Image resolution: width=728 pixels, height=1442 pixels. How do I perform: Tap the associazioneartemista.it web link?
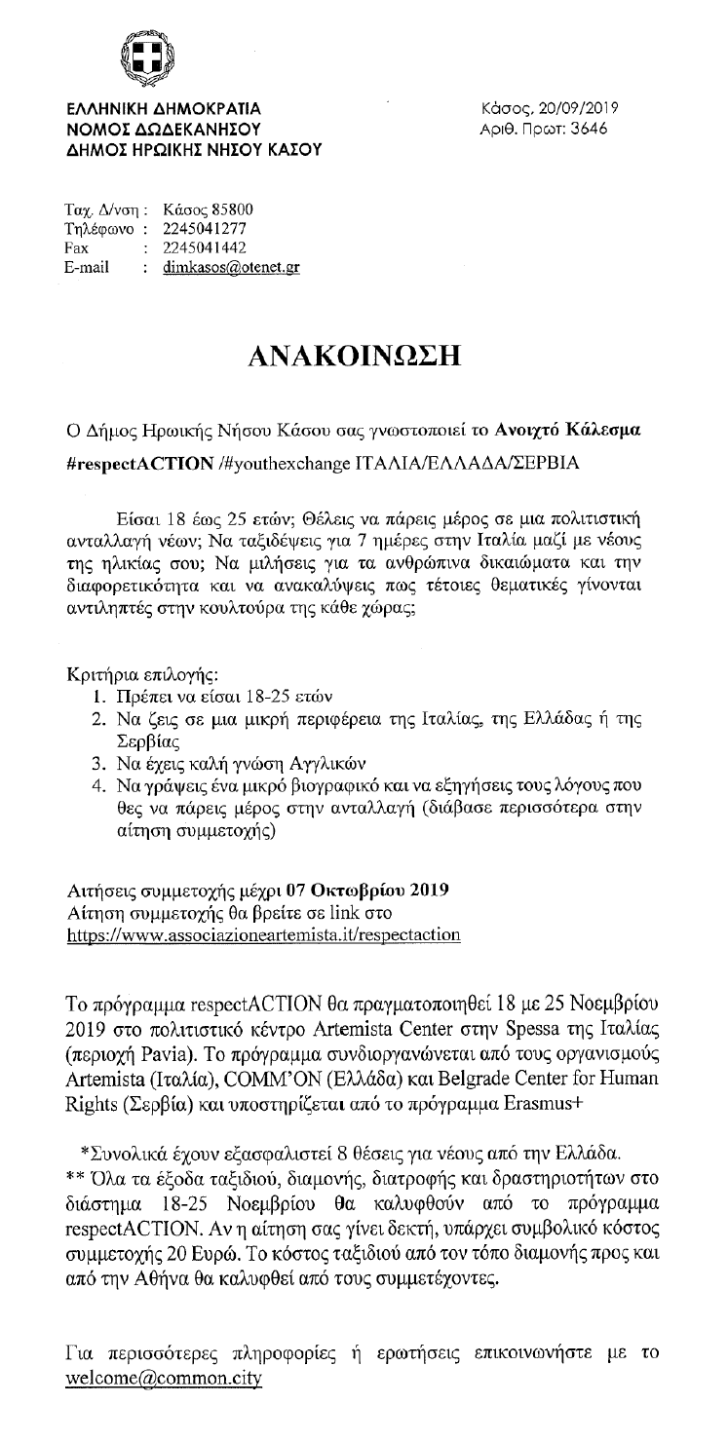tap(264, 934)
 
